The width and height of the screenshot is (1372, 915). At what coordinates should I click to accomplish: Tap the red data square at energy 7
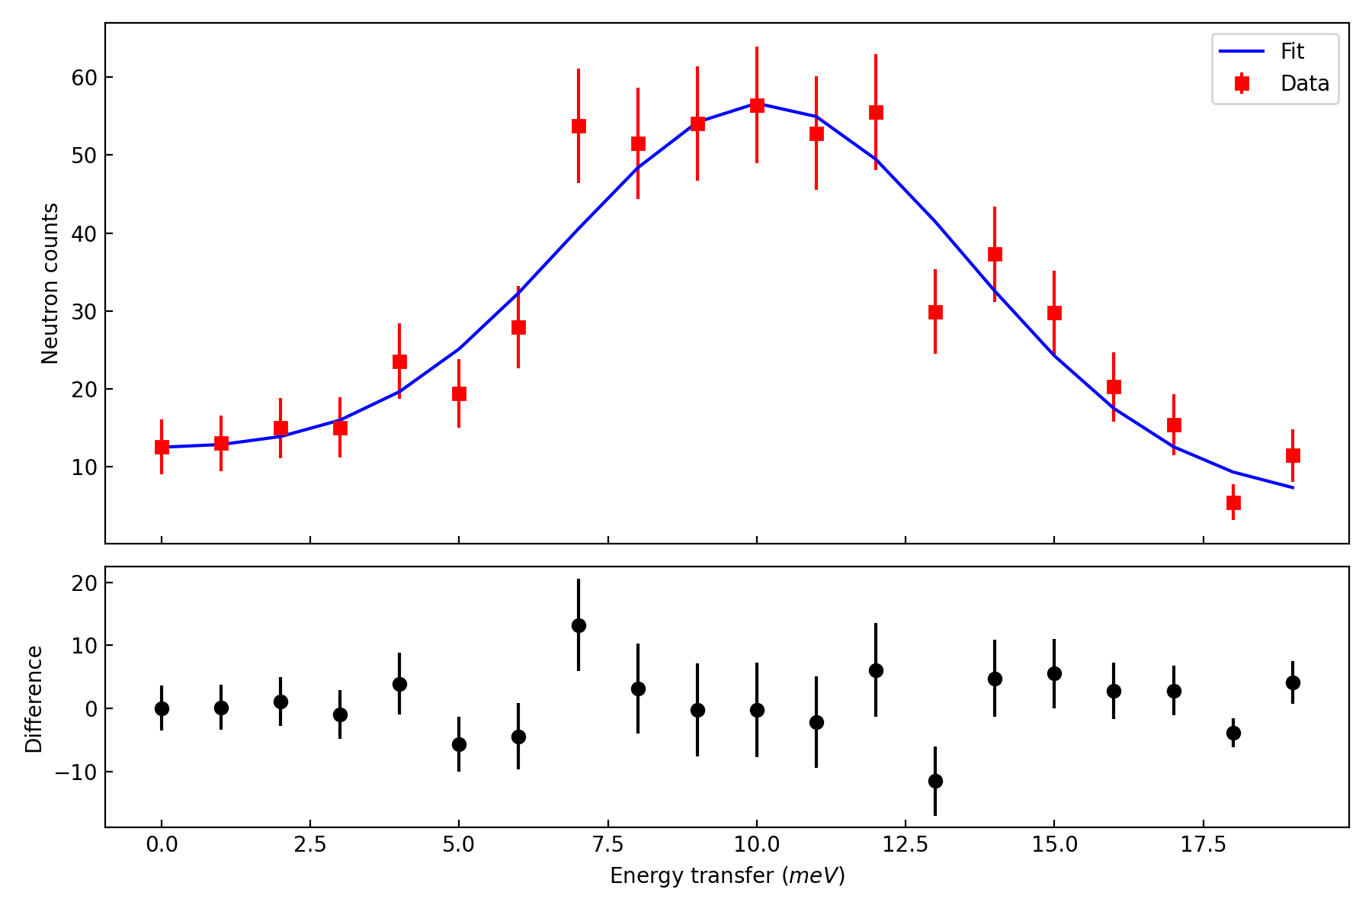[579, 127]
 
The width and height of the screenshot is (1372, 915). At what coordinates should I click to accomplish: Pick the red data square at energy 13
[935, 312]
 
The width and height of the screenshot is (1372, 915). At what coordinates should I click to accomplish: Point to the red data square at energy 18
[1233, 502]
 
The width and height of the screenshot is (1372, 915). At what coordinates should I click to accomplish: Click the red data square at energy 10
[757, 105]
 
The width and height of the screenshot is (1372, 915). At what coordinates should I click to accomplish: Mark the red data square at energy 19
[1293, 455]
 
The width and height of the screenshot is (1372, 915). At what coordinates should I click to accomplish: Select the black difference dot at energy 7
[579, 625]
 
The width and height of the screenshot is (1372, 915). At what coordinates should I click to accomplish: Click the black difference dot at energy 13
[935, 781]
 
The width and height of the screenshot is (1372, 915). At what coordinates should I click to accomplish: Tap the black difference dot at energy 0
[162, 708]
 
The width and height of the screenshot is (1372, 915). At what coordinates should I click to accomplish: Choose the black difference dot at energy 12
[876, 670]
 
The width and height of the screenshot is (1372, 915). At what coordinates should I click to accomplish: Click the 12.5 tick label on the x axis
[906, 845]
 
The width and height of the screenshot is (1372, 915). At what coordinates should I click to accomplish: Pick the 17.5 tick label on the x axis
[1203, 845]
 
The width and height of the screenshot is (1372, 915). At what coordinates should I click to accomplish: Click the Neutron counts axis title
[50, 284]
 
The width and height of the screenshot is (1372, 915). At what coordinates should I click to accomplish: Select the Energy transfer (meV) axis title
[727, 876]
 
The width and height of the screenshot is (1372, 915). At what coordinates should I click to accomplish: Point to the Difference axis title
[34, 698]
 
